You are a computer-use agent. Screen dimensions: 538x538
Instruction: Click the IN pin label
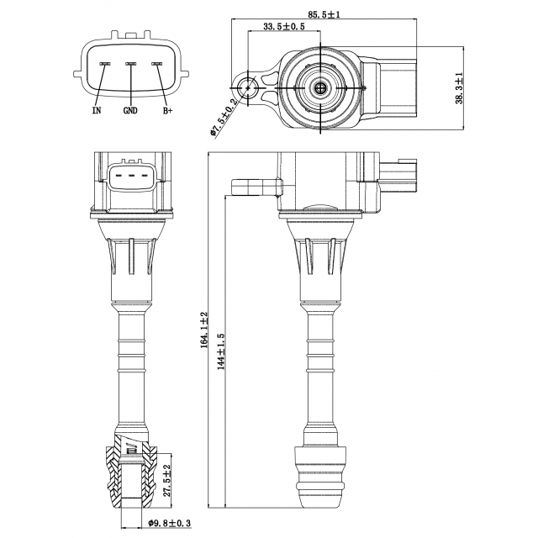(98, 110)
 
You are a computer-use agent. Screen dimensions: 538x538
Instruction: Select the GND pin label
(130, 110)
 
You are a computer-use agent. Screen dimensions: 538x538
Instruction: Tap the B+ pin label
(166, 110)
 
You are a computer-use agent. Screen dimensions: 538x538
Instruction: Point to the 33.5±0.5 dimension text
(283, 28)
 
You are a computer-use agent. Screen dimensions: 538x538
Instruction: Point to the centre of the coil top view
(320, 87)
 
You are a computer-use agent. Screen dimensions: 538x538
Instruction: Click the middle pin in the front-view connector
(130, 177)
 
